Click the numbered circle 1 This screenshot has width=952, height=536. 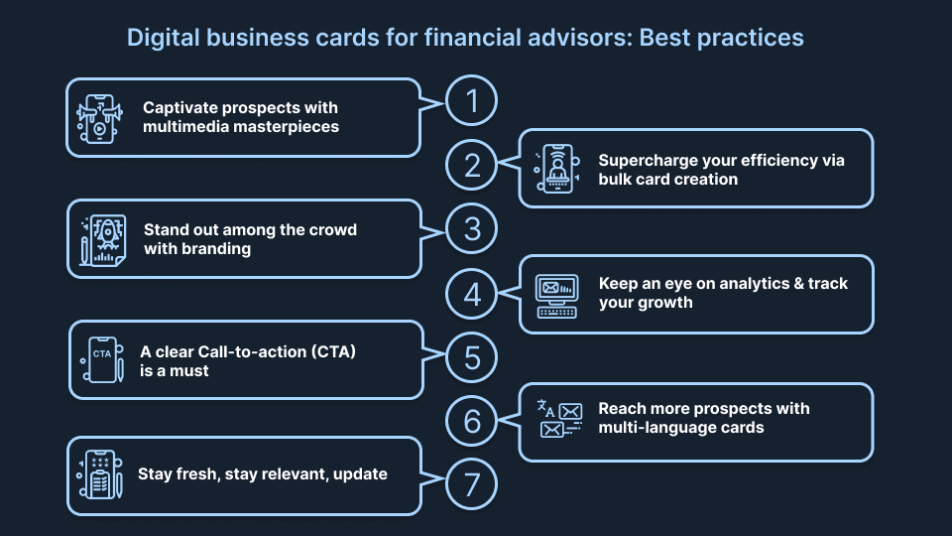coord(470,101)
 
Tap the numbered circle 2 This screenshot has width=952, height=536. coord(470,166)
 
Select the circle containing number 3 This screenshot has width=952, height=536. coord(470,229)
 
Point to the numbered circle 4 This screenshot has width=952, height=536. coord(470,294)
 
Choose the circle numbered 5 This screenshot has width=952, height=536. coord(470,357)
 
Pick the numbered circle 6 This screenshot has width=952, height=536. coord(470,421)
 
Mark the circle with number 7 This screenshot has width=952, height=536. coord(470,484)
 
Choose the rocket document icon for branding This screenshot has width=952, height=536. coord(102,238)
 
